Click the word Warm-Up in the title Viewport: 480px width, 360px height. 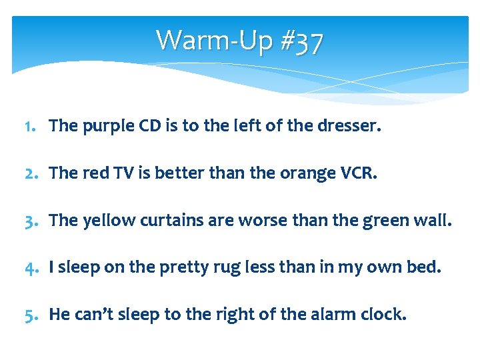213,40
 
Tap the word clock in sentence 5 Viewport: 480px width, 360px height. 385,313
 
